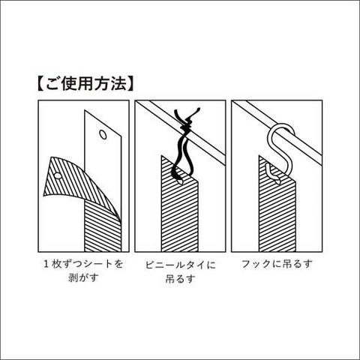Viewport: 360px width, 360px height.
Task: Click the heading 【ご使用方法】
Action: click(x=85, y=84)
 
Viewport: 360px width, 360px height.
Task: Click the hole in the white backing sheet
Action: click(x=103, y=134)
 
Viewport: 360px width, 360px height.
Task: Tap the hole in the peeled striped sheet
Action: click(x=58, y=175)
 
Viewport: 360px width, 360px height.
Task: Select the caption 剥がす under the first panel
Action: click(x=83, y=277)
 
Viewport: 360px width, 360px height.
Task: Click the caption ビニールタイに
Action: click(x=181, y=265)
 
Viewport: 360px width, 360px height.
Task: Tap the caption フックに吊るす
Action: click(x=277, y=264)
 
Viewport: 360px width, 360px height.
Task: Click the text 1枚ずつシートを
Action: click(x=83, y=264)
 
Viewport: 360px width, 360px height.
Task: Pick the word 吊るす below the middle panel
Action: click(x=180, y=279)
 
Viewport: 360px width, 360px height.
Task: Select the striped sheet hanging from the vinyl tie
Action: click(x=180, y=208)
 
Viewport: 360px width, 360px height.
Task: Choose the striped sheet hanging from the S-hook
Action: click(x=277, y=208)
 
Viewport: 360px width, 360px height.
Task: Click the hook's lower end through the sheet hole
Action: click(x=272, y=175)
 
